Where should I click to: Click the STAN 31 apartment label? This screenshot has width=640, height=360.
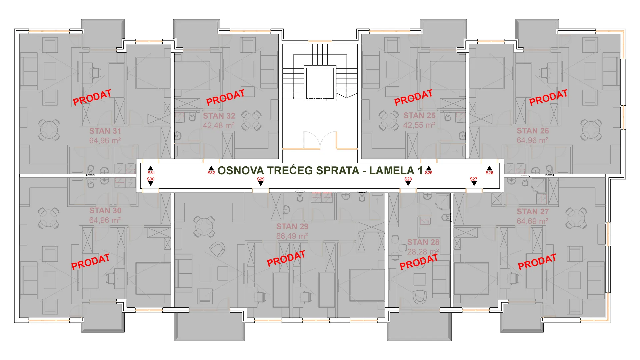click(105, 131)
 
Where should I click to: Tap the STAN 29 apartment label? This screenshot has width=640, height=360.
click(292, 227)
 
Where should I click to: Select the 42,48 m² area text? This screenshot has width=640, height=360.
click(219, 126)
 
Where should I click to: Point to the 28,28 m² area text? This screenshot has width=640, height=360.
click(423, 252)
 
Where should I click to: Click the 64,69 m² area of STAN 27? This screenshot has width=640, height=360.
click(532, 221)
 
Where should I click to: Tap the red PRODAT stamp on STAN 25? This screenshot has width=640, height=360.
click(413, 98)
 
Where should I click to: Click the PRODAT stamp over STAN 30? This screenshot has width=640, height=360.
click(90, 262)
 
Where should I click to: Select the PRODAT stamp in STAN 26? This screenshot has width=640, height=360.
click(548, 97)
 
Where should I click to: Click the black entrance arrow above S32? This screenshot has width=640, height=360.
click(211, 168)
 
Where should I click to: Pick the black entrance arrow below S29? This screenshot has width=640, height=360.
click(261, 183)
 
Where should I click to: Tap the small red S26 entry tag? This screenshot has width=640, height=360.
click(489, 173)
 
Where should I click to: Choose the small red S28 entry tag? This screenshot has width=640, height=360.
click(408, 179)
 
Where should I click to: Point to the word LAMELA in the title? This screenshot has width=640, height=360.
click(392, 171)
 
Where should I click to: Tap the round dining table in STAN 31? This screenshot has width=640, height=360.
click(49, 130)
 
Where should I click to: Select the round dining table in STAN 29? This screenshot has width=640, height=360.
click(204, 227)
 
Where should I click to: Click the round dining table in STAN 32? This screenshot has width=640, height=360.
click(251, 120)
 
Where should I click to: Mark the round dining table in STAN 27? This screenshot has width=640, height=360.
click(576, 218)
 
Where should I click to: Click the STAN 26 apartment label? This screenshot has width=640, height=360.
click(533, 131)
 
